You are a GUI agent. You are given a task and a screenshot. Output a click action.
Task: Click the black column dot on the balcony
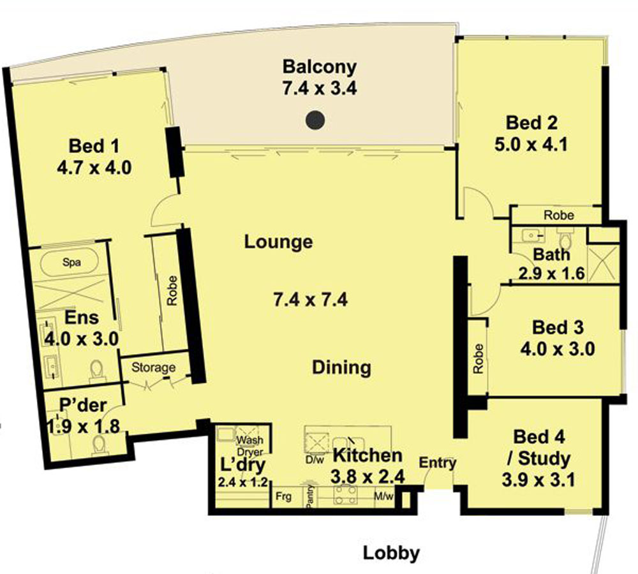tap(315, 120)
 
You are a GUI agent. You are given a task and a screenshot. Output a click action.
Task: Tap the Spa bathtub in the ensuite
tap(71, 262)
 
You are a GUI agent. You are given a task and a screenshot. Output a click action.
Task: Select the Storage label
tap(153, 367)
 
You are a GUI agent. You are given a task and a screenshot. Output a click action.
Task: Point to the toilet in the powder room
tap(99, 445)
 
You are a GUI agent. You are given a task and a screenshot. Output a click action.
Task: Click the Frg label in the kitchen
tap(283, 497)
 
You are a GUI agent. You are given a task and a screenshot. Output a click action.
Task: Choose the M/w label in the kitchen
tap(383, 497)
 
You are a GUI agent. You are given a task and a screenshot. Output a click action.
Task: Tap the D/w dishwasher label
tap(315, 460)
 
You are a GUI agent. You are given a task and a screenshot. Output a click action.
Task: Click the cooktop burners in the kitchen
tap(345, 494)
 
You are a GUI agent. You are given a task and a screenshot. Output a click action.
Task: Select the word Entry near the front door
tap(438, 463)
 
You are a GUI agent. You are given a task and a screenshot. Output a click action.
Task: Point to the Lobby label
tap(391, 553)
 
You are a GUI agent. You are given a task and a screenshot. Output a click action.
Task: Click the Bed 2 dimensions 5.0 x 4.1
tap(531, 144)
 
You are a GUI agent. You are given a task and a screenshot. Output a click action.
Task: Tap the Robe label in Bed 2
tap(559, 215)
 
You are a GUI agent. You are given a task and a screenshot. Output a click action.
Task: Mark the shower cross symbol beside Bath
tap(603, 263)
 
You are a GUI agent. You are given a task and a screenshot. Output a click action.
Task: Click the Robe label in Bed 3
tap(478, 358)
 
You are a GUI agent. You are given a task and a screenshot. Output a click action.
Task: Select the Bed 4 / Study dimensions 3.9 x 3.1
tap(538, 480)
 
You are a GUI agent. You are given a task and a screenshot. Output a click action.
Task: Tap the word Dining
tap(341, 368)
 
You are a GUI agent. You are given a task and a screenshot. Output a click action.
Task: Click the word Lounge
tap(278, 242)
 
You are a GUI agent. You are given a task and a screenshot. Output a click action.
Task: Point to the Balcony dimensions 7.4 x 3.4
tap(320, 88)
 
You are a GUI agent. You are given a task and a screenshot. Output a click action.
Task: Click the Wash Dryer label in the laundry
tap(250, 446)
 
